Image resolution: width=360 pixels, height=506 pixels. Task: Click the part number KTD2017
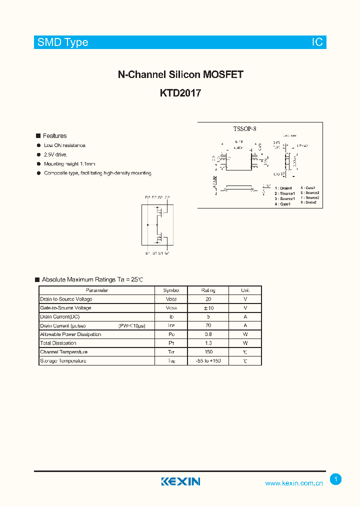point(180,92)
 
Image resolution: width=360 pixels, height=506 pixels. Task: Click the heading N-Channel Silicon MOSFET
point(180,75)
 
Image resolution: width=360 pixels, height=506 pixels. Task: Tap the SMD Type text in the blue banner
point(63,42)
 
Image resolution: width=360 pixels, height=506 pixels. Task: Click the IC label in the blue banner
point(317,42)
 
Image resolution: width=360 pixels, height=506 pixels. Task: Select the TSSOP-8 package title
point(244,129)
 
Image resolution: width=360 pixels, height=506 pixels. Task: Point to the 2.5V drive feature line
point(55,155)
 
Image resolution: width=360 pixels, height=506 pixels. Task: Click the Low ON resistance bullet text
point(65,145)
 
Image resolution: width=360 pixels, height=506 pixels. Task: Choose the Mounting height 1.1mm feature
point(69,164)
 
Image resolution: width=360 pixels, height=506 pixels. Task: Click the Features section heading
point(54,136)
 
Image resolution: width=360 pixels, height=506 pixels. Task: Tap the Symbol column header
point(171,290)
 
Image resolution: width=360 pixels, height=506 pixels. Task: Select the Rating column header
point(208,290)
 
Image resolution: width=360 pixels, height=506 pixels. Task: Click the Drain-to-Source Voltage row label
point(66,299)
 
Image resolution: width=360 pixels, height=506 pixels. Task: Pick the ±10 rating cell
point(208,308)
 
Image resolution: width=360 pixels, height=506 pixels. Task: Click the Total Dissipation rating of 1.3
point(208,343)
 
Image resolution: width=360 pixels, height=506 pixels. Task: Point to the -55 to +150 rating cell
point(208,360)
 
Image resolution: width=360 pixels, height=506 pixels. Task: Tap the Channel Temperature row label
point(63,352)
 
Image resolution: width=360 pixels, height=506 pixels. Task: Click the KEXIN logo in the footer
point(180,481)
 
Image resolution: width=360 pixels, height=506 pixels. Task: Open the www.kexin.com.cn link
point(293,483)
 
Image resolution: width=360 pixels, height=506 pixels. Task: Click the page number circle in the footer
point(336,479)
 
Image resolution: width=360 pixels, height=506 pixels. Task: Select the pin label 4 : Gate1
point(283,204)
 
